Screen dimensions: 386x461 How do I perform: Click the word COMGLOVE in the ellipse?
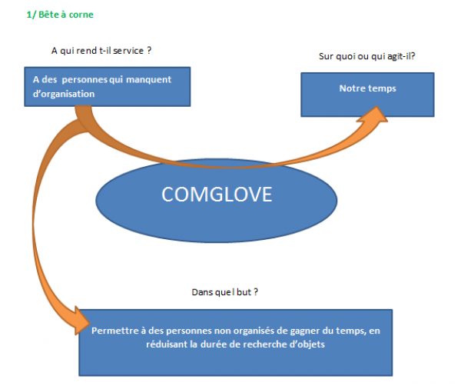217,195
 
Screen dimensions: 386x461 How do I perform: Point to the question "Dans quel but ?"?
224,293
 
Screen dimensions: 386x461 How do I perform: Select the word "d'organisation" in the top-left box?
64,94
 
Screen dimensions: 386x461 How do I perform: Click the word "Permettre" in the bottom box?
113,331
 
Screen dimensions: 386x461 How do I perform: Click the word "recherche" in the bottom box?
260,344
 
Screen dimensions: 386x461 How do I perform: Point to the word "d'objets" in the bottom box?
305,344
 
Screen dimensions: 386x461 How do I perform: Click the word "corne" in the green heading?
82,15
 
